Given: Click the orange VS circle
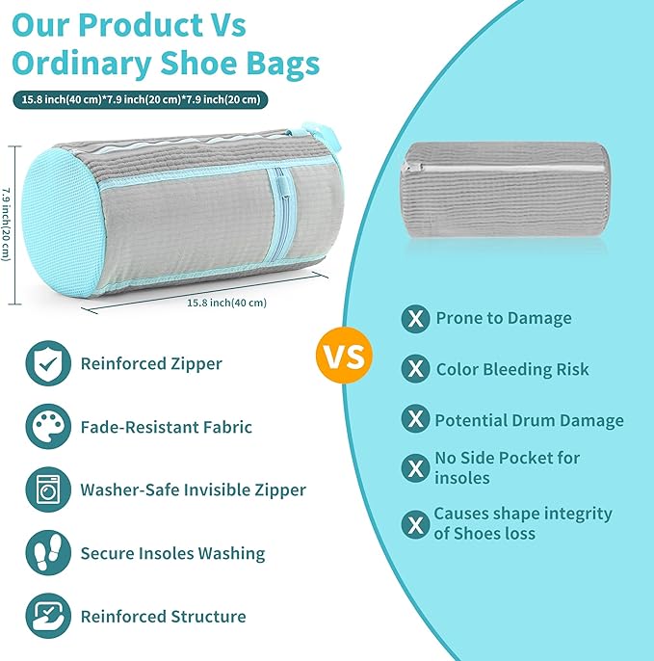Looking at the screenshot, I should pos(343,356).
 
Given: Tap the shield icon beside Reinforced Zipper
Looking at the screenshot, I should pos(48,363).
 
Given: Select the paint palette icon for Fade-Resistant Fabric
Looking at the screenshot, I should pos(48,427).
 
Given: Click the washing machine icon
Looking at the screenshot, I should pos(48,489).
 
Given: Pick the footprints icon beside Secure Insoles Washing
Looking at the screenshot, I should pos(48,553).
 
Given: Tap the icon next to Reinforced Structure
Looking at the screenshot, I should pos(48,616).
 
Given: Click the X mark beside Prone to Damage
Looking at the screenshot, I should pos(415,319).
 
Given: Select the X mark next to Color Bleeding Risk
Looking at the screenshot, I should pos(415,369).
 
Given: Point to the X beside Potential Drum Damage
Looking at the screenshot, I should pos(415,419).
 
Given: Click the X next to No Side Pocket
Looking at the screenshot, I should pos(415,468).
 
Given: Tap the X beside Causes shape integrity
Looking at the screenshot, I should pos(415,524).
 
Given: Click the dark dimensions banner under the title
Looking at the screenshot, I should pos(142,99).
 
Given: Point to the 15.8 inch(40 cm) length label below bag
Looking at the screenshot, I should pos(226,302).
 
